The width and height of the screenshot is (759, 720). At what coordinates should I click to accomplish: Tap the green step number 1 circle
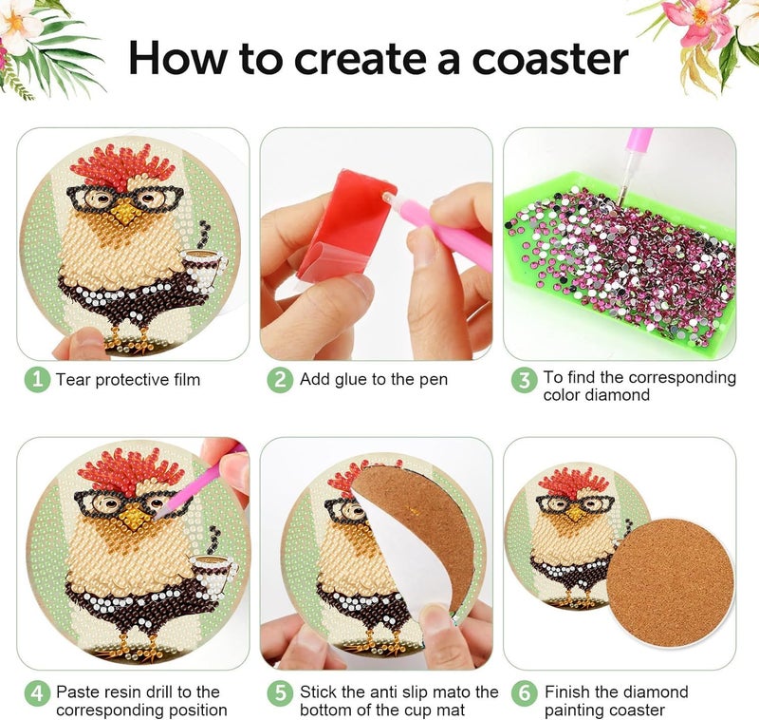37,379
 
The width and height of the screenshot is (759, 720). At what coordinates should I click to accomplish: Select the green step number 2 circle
280,379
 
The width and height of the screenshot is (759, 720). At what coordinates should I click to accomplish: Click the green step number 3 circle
525,380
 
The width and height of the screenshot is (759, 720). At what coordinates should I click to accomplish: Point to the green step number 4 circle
37,693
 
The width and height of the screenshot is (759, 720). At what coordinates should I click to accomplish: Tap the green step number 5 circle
280,693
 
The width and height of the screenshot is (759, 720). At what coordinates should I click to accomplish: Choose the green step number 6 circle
525,693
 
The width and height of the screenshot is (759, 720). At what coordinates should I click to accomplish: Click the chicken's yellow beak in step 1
124,213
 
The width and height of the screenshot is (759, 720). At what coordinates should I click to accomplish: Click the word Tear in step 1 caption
73,379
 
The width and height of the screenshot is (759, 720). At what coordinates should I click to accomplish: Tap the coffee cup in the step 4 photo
213,573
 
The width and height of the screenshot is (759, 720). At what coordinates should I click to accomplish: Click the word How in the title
177,59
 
